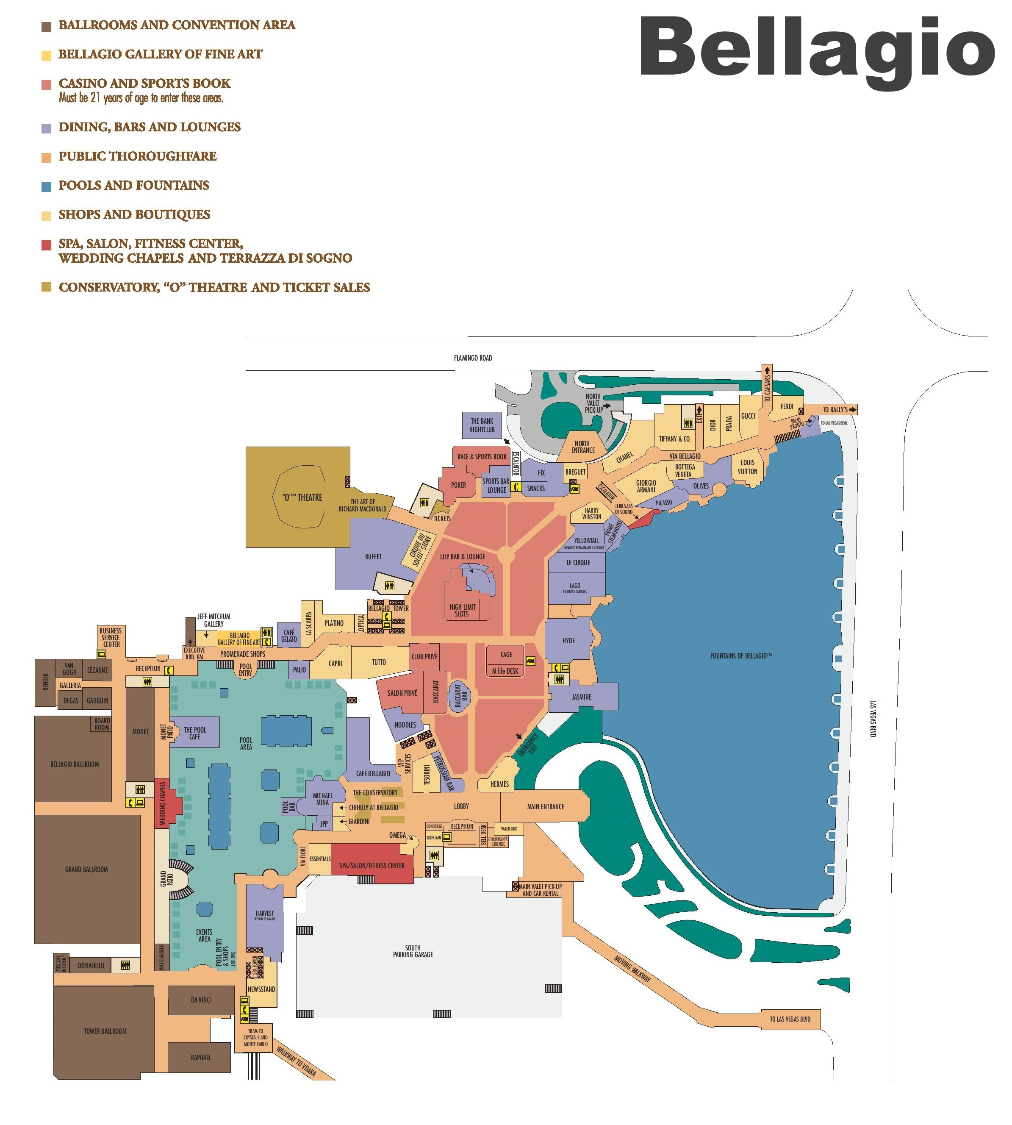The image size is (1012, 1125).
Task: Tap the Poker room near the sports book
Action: [458, 485]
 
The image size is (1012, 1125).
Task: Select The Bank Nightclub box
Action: [482, 425]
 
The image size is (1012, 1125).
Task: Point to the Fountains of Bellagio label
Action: [740, 656]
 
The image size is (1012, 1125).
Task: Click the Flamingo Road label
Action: [473, 358]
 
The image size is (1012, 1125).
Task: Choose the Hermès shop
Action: [499, 784]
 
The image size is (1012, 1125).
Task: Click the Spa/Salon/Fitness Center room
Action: [372, 865]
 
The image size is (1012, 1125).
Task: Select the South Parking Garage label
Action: [413, 951]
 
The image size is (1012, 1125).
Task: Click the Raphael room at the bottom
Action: [201, 1057]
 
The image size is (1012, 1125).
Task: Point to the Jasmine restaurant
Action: [582, 697]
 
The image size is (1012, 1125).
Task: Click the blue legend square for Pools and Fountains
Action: [47, 186]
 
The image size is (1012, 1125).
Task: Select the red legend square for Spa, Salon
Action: [47, 244]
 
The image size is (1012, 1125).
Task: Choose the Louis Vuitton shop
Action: [747, 467]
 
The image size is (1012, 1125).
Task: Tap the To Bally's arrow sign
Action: [838, 409]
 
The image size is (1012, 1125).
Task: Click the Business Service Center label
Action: [111, 637]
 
